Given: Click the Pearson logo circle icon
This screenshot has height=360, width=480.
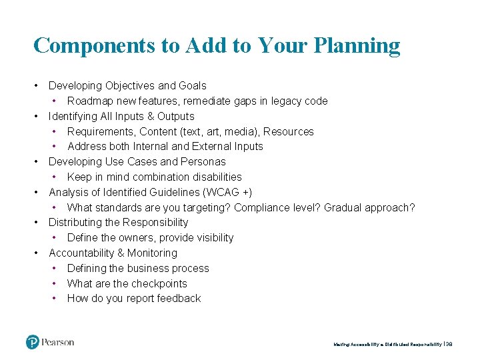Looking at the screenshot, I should (33, 343).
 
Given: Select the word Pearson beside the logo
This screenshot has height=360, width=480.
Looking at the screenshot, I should (58, 343).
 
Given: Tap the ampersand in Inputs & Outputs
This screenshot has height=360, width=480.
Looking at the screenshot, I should (143, 116).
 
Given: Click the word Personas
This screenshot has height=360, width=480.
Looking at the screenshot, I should (203, 161).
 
